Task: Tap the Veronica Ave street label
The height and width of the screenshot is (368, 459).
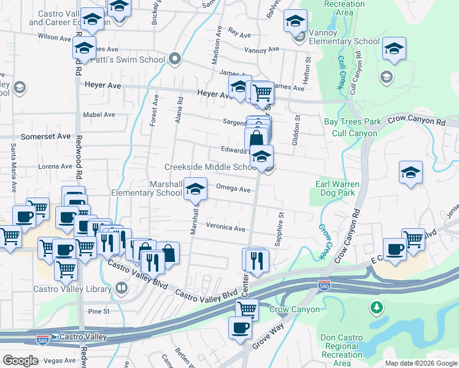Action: pyautogui.click(x=225, y=228)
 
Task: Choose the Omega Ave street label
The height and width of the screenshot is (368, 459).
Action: pyautogui.click(x=233, y=189)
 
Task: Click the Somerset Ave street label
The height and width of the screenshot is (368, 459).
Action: pyautogui.click(x=46, y=136)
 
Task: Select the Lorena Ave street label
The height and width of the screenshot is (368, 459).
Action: pyautogui.click(x=55, y=166)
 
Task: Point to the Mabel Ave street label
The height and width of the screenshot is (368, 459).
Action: pyautogui.click(x=99, y=115)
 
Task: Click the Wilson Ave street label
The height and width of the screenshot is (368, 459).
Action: pyautogui.click(x=55, y=37)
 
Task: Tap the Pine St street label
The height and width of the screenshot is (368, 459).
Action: pyautogui.click(x=99, y=312)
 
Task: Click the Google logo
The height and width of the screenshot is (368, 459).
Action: pyautogui.click(x=20, y=361)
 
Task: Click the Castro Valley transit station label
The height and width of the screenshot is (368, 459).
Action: pyautogui.click(x=83, y=337)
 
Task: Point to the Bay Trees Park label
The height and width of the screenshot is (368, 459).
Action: pyautogui.click(x=352, y=122)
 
